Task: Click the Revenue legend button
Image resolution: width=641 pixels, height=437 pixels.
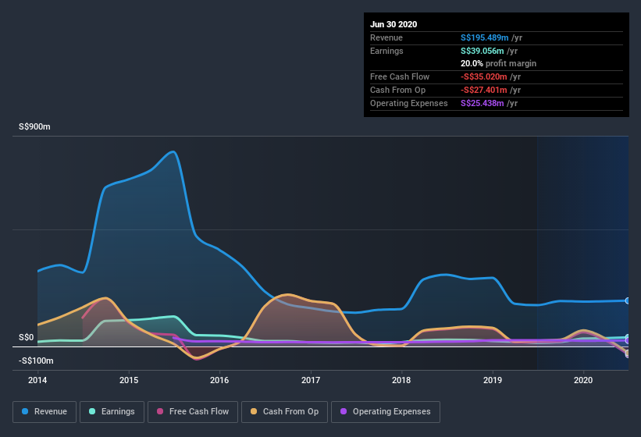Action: (x=45, y=411)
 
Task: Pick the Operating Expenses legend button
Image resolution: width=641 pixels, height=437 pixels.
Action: (x=386, y=411)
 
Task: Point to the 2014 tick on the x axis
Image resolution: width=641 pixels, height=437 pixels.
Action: (x=37, y=380)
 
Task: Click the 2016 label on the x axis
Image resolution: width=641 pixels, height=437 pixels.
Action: (x=219, y=380)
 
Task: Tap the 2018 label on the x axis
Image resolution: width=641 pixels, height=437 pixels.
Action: (x=401, y=380)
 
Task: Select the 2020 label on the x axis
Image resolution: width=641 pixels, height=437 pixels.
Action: (x=583, y=380)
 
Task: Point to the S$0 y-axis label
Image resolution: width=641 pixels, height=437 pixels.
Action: (x=27, y=337)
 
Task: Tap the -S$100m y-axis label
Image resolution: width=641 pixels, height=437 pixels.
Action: (x=36, y=361)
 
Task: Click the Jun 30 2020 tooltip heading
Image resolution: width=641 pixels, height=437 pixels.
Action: (x=394, y=24)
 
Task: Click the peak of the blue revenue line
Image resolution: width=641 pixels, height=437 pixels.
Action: (x=173, y=151)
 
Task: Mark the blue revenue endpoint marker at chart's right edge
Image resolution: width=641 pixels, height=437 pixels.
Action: (x=628, y=300)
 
